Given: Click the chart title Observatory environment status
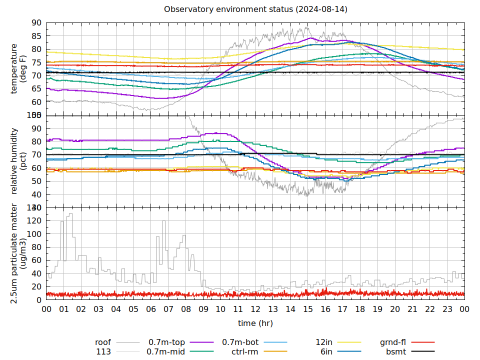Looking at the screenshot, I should [x=255, y=9].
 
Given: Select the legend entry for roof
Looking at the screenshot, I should [x=103, y=342].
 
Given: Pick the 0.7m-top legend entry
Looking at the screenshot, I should [x=167, y=342].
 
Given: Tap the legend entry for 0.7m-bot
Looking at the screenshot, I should [x=240, y=342].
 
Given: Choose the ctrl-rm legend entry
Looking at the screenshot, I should [x=245, y=352].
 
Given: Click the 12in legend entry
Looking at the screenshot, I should [x=324, y=342].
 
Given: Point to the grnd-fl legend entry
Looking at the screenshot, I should [x=393, y=342].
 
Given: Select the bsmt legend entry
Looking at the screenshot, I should [x=395, y=352].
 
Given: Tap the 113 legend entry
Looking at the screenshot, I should [x=103, y=352].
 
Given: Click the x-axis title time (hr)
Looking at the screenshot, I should [x=255, y=323].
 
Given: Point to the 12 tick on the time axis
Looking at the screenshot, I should [x=255, y=309].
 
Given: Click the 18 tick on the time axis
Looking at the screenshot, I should [x=360, y=309].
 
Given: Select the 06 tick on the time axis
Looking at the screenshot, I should [x=151, y=309].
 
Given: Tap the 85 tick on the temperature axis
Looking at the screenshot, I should [x=36, y=36].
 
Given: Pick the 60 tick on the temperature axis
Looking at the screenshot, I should [x=36, y=102].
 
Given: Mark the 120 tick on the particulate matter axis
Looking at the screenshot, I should [x=34, y=220].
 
